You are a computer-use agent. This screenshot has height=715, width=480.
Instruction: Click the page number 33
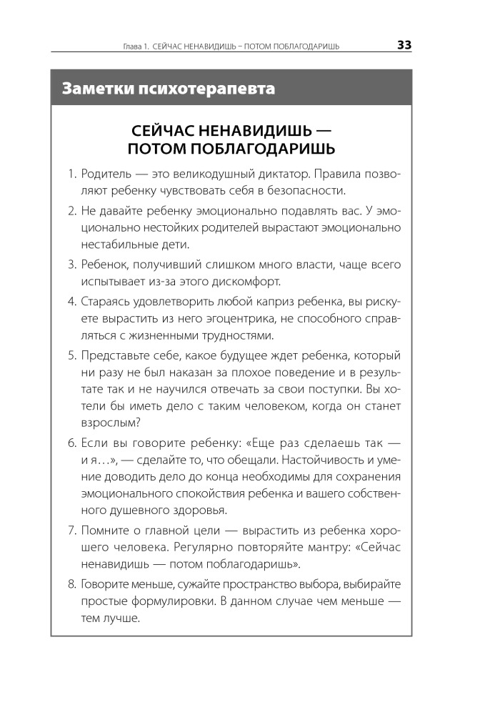click(x=404, y=45)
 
